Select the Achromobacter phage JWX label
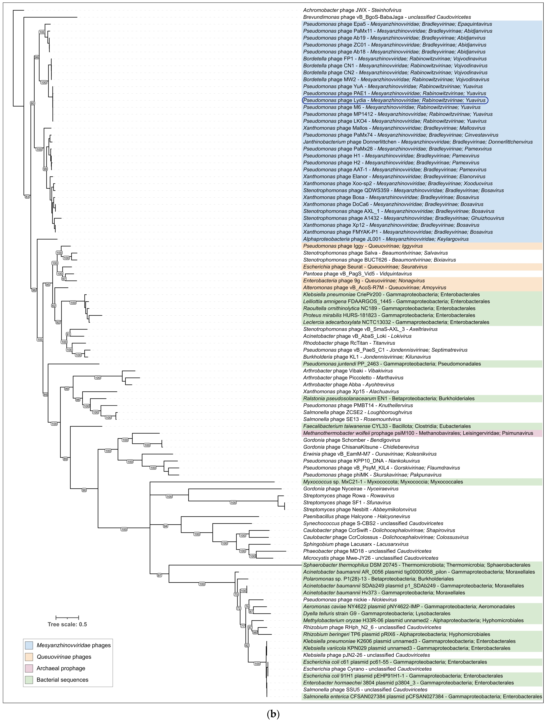click(x=352, y=10)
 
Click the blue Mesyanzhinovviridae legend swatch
click(x=29, y=645)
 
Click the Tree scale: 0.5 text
click(x=67, y=624)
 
